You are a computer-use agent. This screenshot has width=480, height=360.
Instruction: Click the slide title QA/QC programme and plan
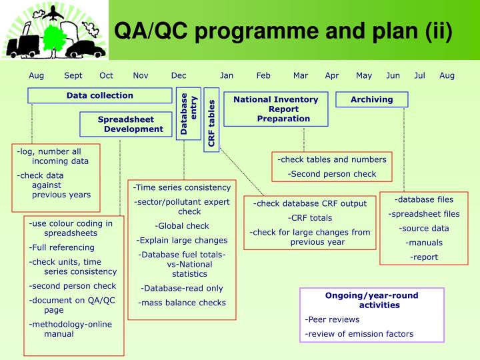(283, 31)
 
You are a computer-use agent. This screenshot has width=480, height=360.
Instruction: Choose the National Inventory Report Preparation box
(275, 109)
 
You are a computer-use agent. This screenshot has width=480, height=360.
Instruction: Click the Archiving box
(371, 99)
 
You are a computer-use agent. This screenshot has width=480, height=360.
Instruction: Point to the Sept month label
(73, 75)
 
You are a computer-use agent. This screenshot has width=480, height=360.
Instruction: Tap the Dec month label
(179, 75)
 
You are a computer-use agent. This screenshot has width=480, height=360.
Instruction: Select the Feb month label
(263, 75)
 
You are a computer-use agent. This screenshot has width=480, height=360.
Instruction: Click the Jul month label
(419, 75)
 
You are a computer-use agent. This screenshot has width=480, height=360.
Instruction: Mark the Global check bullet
(182, 226)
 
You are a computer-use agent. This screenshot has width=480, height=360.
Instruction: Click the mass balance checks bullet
(182, 303)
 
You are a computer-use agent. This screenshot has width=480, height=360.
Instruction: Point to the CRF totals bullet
(309, 217)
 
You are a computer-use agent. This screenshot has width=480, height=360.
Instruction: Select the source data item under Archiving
(424, 228)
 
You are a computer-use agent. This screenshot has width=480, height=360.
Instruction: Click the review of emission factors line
(359, 333)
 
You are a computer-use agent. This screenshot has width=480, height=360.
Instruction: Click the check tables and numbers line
(332, 159)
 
